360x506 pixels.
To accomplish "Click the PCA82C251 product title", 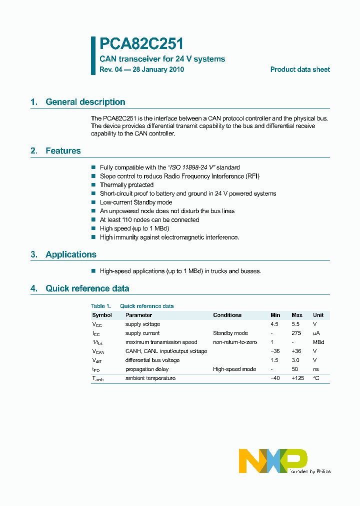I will pos(141,44).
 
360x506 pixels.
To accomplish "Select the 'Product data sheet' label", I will pos(300,69).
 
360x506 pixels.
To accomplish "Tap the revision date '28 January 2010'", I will pos(158,69).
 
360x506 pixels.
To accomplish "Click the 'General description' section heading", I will pos(85,102).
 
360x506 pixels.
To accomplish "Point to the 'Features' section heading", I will pos(63,151).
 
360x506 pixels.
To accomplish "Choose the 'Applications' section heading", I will pos(71,254).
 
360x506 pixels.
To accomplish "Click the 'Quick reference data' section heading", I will pos(87,288).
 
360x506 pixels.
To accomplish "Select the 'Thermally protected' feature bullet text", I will pos(126,185).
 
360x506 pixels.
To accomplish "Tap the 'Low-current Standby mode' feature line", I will pos(136,202).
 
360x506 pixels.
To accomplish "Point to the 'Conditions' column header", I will pos(227,315).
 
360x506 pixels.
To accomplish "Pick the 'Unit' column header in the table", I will pos(318,315).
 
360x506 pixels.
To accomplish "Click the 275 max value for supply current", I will pos(296,333).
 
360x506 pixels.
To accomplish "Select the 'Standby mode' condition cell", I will pos(230,333).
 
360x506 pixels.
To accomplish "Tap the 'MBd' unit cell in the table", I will pos(318,342).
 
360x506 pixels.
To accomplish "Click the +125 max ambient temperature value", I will pos(297,378).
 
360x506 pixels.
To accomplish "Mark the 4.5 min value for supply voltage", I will pos(275,324).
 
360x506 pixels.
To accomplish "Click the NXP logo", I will pos(273,460).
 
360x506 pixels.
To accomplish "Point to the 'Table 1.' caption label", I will pos(100,306).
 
